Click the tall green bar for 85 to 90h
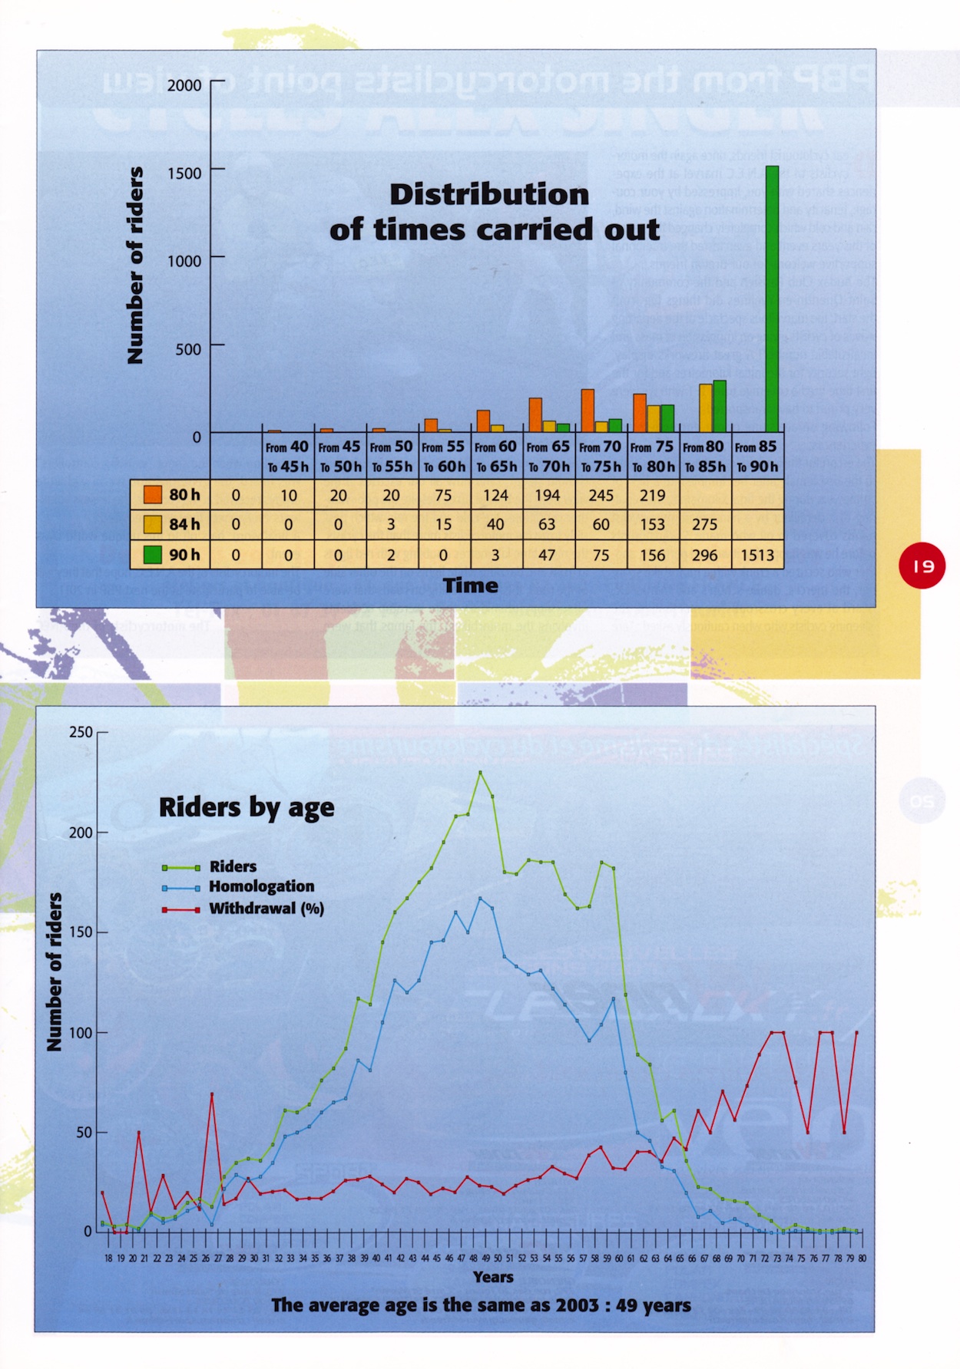pos(772,299)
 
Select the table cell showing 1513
pos(756,555)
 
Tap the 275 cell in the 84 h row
pos(704,525)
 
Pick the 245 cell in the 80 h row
pos(601,496)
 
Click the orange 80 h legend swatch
pos(153,495)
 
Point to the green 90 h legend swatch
pos(153,554)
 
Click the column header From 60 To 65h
pos(495,457)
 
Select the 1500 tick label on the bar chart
pos(184,173)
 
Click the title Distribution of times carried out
pos(493,212)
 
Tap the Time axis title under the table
pos(470,586)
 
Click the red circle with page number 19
pos(922,566)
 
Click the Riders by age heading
pos(247,807)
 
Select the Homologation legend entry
pos(261,886)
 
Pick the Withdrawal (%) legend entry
pos(266,909)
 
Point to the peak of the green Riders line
pos(480,772)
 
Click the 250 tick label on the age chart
pos(81,732)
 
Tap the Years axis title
pos(493,1277)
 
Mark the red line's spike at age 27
pos(212,1094)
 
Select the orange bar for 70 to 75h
pos(588,411)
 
